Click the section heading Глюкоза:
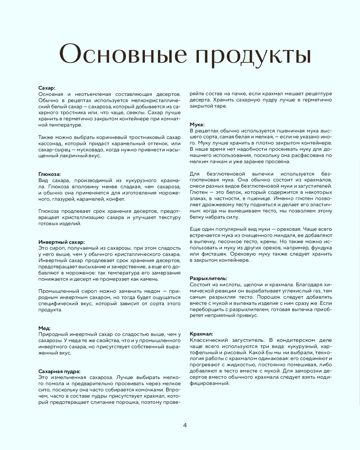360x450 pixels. (49, 174)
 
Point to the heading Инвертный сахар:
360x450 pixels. (61, 242)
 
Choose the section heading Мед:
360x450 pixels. (44, 328)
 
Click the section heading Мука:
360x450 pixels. (198, 124)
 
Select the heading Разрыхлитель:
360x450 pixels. (208, 278)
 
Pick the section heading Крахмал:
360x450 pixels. (201, 333)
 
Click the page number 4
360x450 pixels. (185, 425)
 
